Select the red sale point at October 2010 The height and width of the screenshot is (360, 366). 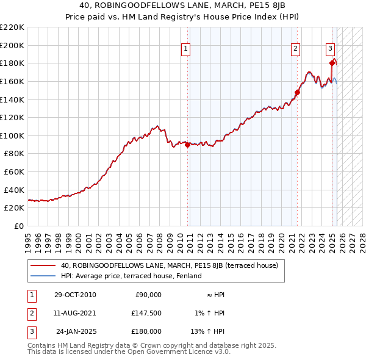coord(187,145)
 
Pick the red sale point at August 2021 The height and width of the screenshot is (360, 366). coord(298,93)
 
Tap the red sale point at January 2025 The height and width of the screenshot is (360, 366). coord(332,63)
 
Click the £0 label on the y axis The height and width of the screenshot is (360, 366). coord(18,226)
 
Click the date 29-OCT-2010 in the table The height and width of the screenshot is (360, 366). coord(76,295)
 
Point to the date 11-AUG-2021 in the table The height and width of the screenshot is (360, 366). coord(76,313)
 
